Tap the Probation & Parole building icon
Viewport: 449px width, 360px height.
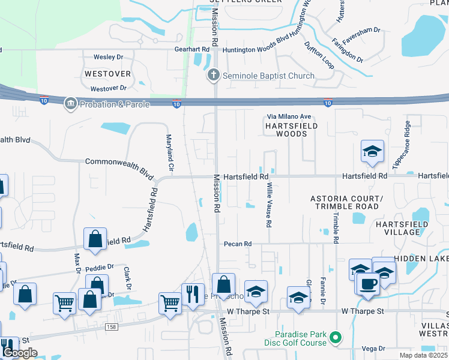click(71, 104)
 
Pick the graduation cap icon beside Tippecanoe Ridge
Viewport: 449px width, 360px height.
click(372, 152)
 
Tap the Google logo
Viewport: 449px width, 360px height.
click(20, 353)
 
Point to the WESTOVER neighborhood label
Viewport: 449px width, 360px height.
click(107, 74)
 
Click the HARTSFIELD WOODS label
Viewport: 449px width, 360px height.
click(287, 130)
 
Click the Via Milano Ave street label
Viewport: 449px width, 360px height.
click(289, 116)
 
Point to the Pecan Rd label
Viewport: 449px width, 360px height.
click(238, 244)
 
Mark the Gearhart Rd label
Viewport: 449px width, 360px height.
click(191, 50)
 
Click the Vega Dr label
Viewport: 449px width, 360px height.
click(373, 349)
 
